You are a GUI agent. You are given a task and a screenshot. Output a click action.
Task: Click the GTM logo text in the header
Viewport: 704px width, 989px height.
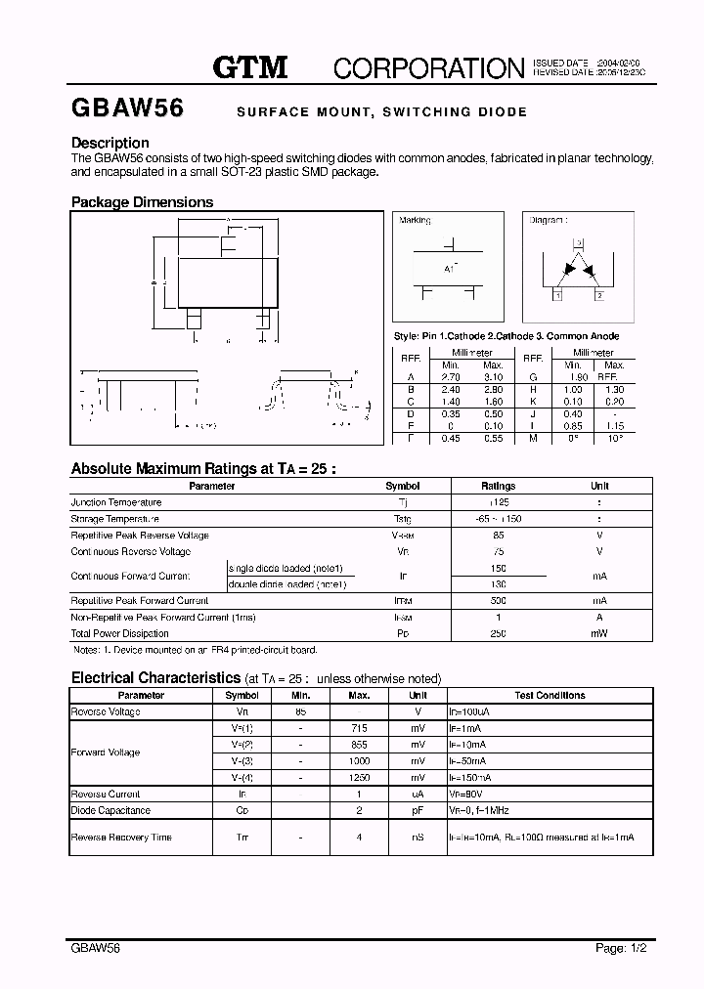tap(250, 66)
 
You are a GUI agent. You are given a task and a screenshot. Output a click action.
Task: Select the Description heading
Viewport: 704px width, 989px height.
tap(110, 143)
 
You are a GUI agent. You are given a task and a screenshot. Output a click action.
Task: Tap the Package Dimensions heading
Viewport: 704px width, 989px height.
tap(142, 202)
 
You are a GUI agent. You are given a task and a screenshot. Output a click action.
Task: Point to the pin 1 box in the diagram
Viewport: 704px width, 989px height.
tap(556, 294)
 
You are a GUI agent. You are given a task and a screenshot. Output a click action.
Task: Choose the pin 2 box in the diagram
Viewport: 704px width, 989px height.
tap(598, 294)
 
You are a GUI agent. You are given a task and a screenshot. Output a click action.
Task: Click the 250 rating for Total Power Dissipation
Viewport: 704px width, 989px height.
tap(498, 633)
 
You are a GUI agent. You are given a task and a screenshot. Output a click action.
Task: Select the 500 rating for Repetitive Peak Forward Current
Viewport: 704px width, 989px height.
tap(498, 600)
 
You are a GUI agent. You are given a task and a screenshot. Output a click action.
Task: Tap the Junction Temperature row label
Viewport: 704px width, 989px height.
tap(116, 502)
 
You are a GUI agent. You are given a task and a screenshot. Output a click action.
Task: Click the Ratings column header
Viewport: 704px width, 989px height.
tap(498, 486)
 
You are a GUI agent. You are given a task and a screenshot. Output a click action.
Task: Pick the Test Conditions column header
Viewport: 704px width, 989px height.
tap(549, 695)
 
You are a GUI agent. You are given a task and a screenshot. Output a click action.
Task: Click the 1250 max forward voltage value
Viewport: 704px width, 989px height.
tap(358, 777)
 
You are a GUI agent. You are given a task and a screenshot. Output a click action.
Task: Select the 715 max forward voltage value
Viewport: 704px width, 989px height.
tap(358, 728)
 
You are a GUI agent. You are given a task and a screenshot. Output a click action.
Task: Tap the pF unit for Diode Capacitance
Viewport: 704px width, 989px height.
tap(418, 810)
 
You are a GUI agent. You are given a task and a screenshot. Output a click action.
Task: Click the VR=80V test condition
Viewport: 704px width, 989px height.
tap(466, 794)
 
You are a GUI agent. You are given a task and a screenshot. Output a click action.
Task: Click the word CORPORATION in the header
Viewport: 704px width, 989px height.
tap(428, 67)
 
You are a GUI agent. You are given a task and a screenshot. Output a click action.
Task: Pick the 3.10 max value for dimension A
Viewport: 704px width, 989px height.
tap(493, 376)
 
